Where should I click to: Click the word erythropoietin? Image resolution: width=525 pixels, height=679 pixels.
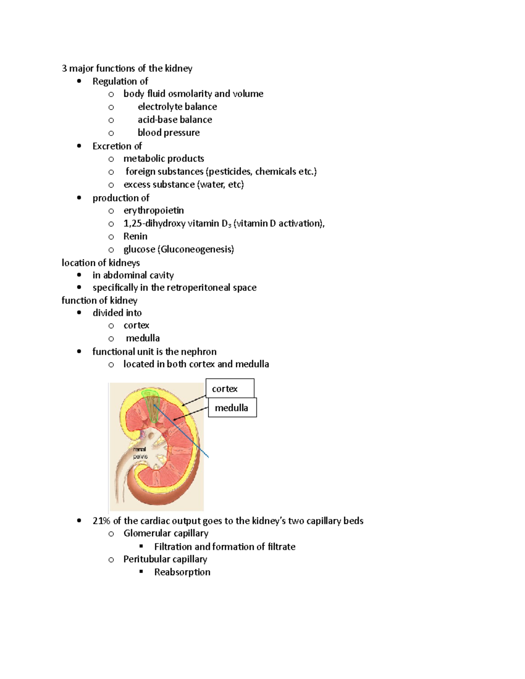[154, 211]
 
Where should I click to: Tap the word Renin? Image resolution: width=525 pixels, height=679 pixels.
[135, 237]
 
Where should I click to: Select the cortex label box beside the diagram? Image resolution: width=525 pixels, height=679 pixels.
[230, 388]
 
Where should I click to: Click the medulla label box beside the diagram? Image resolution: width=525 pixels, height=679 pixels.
[232, 407]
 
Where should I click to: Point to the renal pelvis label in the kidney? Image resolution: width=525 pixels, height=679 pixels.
[140, 453]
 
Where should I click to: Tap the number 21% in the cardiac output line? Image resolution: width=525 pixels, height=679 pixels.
[101, 521]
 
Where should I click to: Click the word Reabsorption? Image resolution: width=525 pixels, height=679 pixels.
[182, 572]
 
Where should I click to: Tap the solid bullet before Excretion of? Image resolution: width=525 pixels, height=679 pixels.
[79, 146]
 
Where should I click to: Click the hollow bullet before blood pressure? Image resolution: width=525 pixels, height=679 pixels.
[111, 133]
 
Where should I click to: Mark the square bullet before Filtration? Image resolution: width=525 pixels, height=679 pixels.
[141, 547]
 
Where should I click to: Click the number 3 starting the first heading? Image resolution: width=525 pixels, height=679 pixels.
[64, 69]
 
